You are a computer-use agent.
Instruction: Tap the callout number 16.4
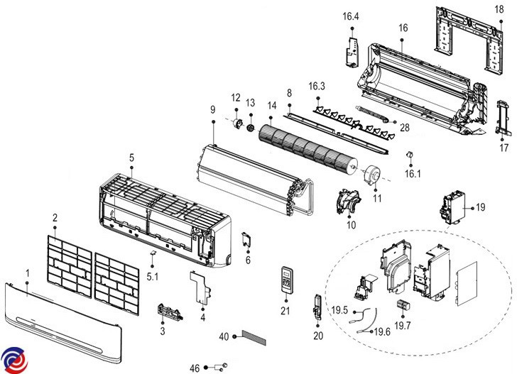[351, 16]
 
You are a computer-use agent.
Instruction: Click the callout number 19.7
[403, 325]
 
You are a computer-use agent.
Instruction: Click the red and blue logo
[13, 360]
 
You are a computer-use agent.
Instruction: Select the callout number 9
[212, 109]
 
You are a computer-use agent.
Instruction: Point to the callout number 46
[195, 367]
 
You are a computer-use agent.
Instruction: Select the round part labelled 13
[250, 127]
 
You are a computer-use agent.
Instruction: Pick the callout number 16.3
[317, 86]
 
